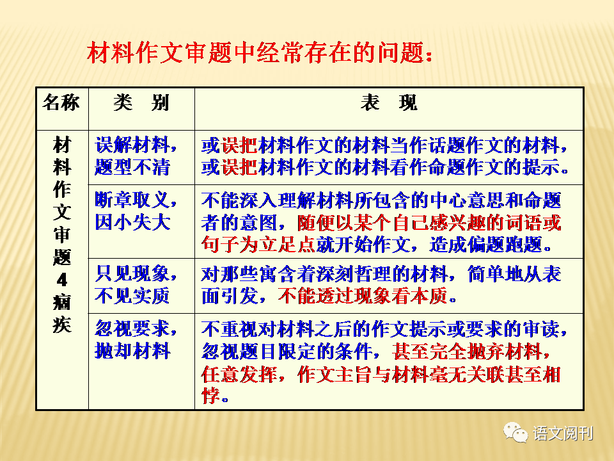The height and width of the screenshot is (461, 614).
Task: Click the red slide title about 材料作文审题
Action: click(260, 53)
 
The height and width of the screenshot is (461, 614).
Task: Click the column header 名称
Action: click(61, 102)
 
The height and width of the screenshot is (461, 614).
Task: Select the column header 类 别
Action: click(141, 103)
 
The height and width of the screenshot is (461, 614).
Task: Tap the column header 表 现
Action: click(389, 103)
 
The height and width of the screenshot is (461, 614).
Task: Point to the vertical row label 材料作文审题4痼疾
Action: click(62, 234)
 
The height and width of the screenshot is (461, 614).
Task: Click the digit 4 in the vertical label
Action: click(62, 280)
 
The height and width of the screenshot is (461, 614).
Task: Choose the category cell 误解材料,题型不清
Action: click(136, 156)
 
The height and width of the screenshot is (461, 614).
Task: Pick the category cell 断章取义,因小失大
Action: click(136, 211)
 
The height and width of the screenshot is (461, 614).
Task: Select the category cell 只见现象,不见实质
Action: click(136, 284)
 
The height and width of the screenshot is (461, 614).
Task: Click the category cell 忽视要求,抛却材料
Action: click(136, 339)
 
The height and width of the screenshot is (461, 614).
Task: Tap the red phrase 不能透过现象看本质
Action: click(363, 296)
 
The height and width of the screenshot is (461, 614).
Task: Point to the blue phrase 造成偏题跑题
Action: click(485, 245)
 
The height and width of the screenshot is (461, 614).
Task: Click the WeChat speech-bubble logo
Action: click(516, 433)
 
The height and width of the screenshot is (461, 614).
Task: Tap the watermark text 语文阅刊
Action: click(563, 433)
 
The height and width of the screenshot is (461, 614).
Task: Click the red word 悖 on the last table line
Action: click(210, 395)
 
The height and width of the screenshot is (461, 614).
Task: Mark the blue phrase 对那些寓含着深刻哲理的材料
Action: click(324, 274)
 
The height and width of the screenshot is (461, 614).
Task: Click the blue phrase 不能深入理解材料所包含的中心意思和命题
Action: click(381, 200)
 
